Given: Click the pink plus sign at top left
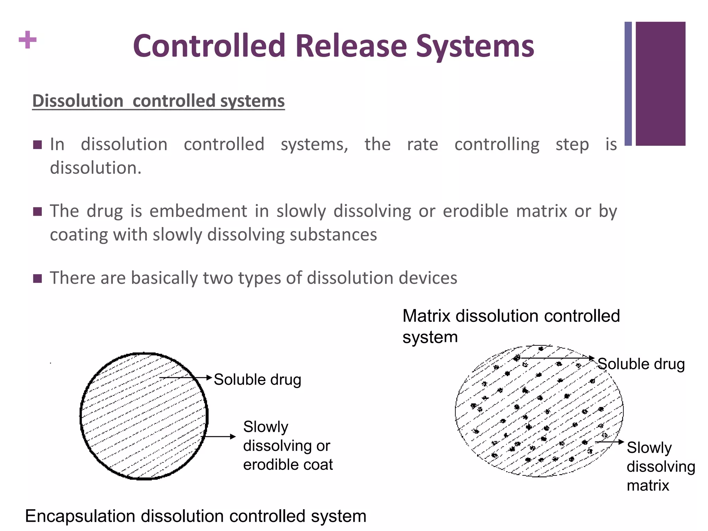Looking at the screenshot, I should [28, 40].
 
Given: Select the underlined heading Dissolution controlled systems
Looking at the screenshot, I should [158, 101].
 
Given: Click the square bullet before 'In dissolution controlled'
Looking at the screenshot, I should [37, 145].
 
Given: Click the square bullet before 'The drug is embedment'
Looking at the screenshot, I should [37, 211].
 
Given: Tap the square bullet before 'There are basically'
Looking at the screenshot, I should [37, 278].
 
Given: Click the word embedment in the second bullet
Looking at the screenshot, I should [198, 211].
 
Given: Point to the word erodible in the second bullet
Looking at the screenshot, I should [475, 211].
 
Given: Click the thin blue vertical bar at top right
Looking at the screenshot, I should [628, 83].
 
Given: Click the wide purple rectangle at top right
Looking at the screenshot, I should [660, 83].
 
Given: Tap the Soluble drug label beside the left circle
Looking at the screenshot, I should [258, 380].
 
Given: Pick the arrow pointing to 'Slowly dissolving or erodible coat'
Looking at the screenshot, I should [220, 437].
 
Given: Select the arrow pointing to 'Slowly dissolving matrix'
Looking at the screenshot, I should [609, 442].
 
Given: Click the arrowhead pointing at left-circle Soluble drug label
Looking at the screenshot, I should [209, 378].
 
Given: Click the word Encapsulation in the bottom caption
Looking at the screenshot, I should [80, 516].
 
